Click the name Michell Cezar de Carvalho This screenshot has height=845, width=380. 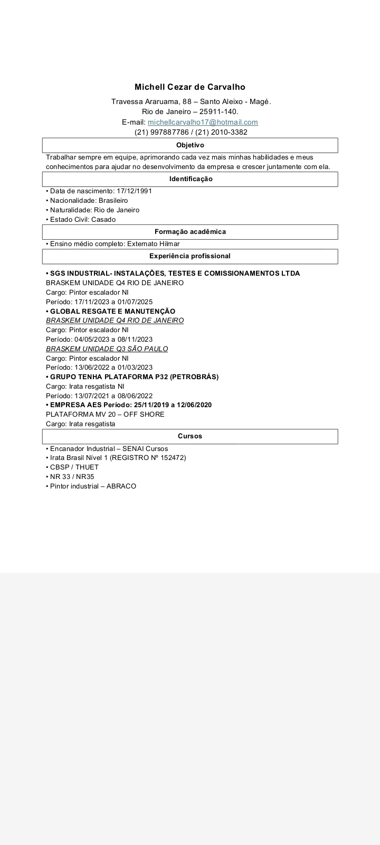(x=190, y=87)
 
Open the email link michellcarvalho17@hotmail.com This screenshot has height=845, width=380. (x=203, y=123)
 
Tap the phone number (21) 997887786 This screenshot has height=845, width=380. (x=161, y=133)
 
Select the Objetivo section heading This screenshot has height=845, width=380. (x=190, y=145)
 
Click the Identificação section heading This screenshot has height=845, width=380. (x=191, y=179)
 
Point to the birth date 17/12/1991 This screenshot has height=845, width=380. (x=134, y=191)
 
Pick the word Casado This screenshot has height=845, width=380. (x=103, y=220)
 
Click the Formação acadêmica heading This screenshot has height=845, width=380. (x=190, y=232)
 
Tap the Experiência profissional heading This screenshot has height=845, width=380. (x=190, y=256)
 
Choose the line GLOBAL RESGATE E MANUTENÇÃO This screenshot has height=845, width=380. (x=112, y=312)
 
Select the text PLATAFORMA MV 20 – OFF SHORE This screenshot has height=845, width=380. (x=105, y=415)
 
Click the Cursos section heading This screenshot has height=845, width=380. (x=190, y=436)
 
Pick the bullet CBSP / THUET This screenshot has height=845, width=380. (x=74, y=467)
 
